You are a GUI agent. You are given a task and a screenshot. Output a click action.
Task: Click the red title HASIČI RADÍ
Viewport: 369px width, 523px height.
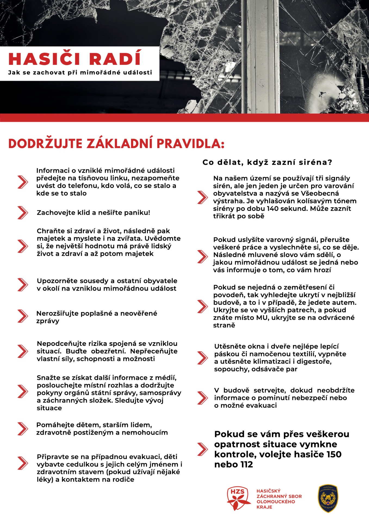pyautogui.click(x=75, y=59)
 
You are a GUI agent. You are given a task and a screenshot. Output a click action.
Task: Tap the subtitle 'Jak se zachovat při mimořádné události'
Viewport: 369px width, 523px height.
pyautogui.click(x=80, y=72)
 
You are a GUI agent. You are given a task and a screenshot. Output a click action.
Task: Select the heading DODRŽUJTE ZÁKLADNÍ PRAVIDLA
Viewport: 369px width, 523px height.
pyautogui.click(x=116, y=144)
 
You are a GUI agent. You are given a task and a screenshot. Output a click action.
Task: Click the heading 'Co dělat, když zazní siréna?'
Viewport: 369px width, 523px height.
pyautogui.click(x=267, y=162)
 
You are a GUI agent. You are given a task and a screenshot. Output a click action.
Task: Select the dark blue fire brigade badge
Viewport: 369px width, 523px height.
pyautogui.click(x=328, y=498)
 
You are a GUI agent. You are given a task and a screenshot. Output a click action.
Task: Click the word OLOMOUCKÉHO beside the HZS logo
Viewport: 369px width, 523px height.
pyautogui.click(x=276, y=501)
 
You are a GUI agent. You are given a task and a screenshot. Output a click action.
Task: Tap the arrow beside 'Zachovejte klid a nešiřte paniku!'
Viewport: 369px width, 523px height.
pyautogui.click(x=23, y=213)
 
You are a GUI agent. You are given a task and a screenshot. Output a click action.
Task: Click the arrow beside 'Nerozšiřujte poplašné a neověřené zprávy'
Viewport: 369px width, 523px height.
pyautogui.click(x=23, y=316)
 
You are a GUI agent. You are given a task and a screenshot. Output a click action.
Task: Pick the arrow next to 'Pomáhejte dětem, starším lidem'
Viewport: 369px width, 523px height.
pyautogui.click(x=23, y=429)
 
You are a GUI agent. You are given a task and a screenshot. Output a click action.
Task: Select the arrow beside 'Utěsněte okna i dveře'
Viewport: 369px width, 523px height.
pyautogui.click(x=202, y=358)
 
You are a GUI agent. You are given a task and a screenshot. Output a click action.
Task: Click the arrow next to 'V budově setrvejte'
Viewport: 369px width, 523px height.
pyautogui.click(x=202, y=398)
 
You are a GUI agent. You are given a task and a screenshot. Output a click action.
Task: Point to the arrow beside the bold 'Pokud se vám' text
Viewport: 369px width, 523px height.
pyautogui.click(x=202, y=449)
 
